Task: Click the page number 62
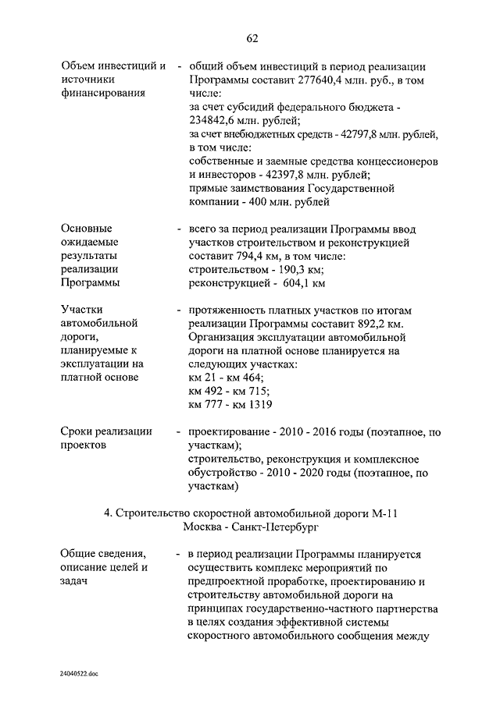click(x=252, y=39)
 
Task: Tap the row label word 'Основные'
click(x=86, y=229)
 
